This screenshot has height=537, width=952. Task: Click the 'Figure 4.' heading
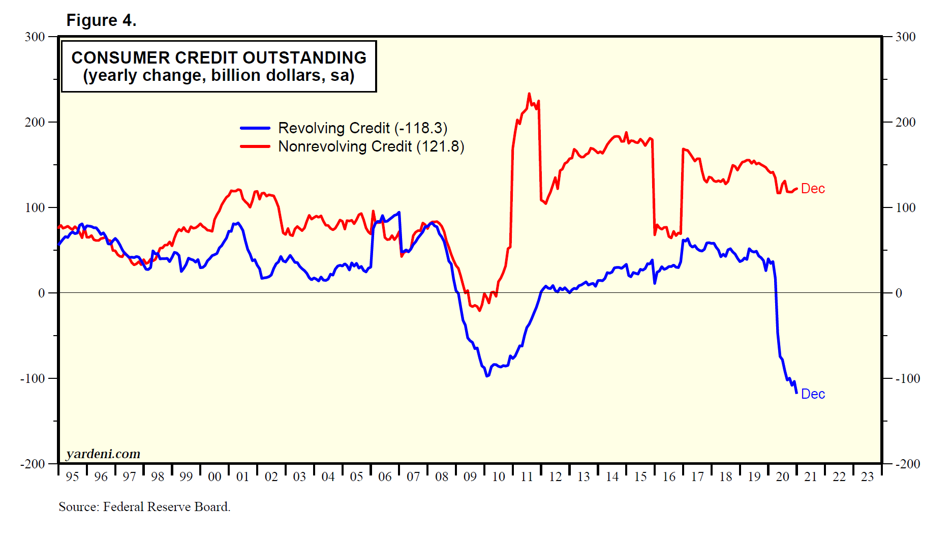pyautogui.click(x=101, y=20)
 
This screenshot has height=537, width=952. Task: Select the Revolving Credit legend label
pyautogui.click(x=362, y=128)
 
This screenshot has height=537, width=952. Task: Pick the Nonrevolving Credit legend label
pyautogui.click(x=371, y=146)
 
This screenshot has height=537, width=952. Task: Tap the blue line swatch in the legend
pyautogui.click(x=255, y=128)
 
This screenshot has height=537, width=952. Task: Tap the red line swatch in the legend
pyautogui.click(x=255, y=146)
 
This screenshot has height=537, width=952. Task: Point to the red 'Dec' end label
pyautogui.click(x=813, y=189)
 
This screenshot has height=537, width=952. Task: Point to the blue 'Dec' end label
pyautogui.click(x=813, y=394)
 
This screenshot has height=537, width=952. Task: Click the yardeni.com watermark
pyautogui.click(x=103, y=454)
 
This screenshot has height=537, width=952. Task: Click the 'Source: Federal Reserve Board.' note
pyautogui.click(x=144, y=506)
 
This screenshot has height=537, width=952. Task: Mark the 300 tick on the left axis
pyautogui.click(x=35, y=37)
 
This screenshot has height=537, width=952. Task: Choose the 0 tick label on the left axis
pyautogui.click(x=42, y=293)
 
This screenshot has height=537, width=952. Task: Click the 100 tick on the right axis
pyautogui.click(x=905, y=207)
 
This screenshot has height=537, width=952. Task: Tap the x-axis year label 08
pyautogui.click(x=442, y=477)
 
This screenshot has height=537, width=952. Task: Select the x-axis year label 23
pyautogui.click(x=867, y=477)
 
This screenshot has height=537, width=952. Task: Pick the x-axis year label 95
pyautogui.click(x=72, y=477)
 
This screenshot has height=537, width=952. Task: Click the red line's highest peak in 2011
pyautogui.click(x=529, y=94)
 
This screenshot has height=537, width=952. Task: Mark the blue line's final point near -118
pyautogui.click(x=796, y=393)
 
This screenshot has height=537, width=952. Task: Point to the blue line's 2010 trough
pyautogui.click(x=487, y=376)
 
